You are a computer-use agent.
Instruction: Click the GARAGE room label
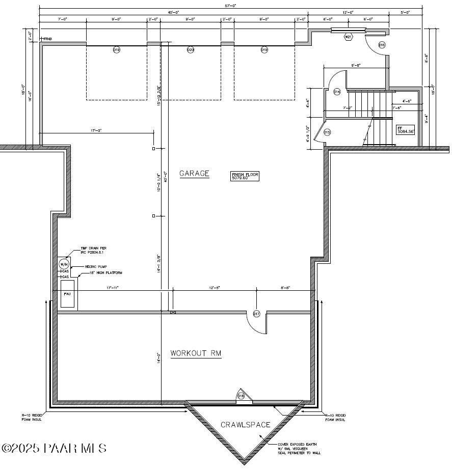194,174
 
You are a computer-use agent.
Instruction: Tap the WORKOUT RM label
196,353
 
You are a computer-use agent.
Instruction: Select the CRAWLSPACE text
246,424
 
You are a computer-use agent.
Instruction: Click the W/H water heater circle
64,264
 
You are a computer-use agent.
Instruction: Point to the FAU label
67,294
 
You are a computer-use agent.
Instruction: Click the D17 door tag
256,314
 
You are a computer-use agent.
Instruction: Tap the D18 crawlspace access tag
241,396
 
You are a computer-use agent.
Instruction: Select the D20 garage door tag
191,50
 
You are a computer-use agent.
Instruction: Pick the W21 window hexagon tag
349,37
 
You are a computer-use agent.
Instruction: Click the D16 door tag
382,45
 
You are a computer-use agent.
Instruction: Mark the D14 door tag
337,92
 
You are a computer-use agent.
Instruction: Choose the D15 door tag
327,132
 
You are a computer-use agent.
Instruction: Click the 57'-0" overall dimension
231,6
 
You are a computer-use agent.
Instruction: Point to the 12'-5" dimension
214,288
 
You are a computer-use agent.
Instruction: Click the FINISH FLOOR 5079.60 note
245,176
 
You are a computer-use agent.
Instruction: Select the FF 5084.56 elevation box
406,129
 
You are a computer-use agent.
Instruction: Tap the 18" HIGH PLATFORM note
105,273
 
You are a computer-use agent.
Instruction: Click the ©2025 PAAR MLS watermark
54,448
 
